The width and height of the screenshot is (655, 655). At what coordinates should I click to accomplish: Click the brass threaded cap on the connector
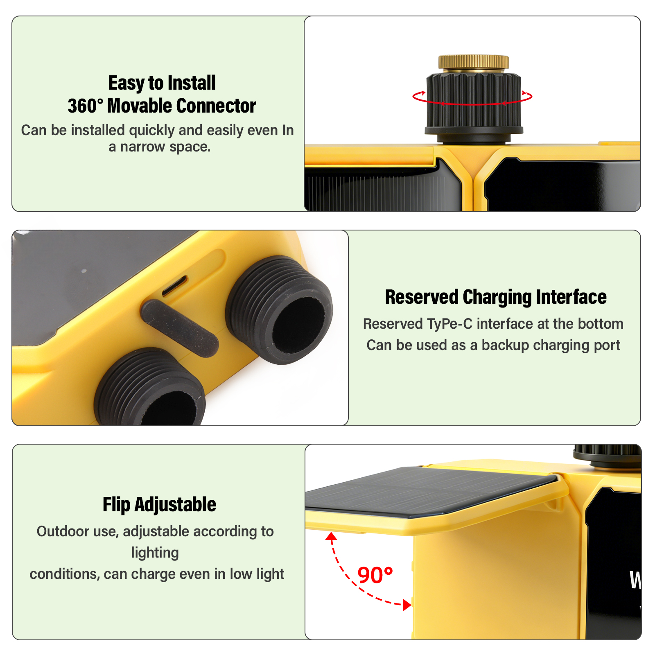point(474,63)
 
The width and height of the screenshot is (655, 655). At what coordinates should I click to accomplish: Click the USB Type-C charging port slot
point(175,285)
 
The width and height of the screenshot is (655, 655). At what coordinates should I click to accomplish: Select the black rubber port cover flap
point(179,328)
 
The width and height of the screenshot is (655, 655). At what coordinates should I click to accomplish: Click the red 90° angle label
point(375,575)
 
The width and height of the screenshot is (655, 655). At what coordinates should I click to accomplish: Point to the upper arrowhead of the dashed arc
point(331,537)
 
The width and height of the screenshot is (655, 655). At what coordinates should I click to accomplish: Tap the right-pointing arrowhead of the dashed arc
point(407,605)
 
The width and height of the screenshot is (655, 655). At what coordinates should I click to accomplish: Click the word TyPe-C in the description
point(449,324)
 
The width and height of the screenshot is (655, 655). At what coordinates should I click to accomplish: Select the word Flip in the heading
point(116,504)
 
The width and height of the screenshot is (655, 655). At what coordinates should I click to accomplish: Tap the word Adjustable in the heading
point(175,504)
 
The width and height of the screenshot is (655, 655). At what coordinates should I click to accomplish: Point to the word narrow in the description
point(142,147)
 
